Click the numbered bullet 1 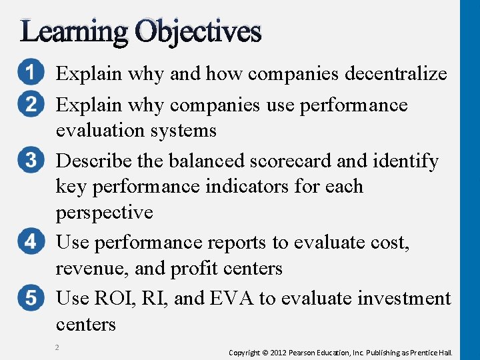31,73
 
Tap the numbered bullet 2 31,105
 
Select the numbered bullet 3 31,161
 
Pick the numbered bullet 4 31,241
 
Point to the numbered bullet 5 31,297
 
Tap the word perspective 105,213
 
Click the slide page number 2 58,347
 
